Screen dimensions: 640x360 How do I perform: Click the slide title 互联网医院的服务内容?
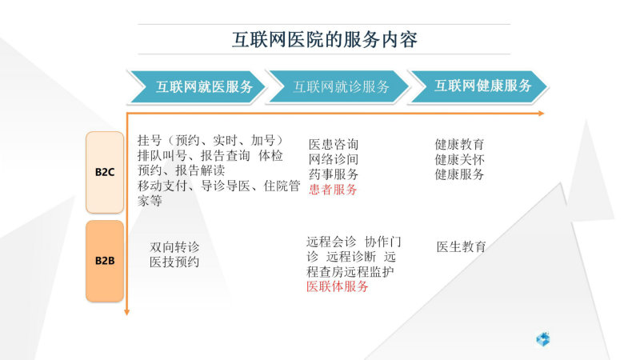[x=325, y=39]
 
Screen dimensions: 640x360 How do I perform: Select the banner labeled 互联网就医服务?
[x=197, y=86]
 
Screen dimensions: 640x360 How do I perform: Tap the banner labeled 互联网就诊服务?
[x=338, y=86]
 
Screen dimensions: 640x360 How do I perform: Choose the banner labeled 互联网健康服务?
[x=478, y=86]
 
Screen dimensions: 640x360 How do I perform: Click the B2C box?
[x=105, y=172]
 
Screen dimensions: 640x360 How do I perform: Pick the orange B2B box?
[x=105, y=261]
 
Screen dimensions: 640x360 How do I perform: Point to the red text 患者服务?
[x=333, y=190]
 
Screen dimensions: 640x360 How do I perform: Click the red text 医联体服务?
[x=338, y=286]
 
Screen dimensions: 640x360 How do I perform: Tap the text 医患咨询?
[x=334, y=144]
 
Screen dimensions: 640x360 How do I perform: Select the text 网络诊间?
[x=334, y=159]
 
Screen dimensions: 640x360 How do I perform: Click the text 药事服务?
[x=334, y=174]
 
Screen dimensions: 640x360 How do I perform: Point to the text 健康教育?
[x=459, y=144]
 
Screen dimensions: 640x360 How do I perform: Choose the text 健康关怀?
[x=459, y=159]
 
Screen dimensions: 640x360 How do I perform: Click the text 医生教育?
[x=462, y=246]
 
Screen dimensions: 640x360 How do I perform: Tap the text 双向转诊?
[x=174, y=247]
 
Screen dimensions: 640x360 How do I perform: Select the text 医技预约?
[x=174, y=262]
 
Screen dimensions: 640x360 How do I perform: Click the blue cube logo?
[x=543, y=339]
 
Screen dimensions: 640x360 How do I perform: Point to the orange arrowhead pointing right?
[x=542, y=113]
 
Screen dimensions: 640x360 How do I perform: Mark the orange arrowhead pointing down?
[x=126, y=312]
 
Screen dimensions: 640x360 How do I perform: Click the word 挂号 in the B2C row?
[x=150, y=141]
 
